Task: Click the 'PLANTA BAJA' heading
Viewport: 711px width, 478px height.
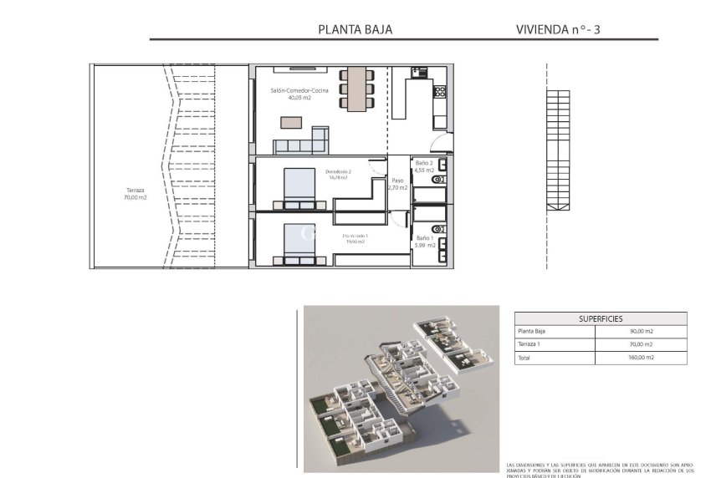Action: pos(355,29)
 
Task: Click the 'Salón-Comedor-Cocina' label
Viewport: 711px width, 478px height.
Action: pos(299,90)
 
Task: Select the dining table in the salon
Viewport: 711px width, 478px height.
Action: pos(357,87)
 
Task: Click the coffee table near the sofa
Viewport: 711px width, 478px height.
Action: pos(291,122)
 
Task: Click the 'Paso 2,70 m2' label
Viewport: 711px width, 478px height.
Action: pos(397,184)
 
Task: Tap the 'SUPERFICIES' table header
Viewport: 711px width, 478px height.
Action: pos(601,318)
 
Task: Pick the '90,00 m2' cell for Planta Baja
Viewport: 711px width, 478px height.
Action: pos(641,332)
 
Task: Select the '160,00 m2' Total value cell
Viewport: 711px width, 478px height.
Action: pos(641,358)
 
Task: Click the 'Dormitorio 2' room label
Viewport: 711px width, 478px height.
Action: pos(338,172)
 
